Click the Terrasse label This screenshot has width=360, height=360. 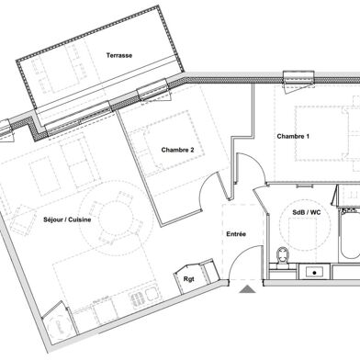click(118, 56)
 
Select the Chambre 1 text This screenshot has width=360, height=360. click(294, 137)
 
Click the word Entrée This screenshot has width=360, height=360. click(236, 235)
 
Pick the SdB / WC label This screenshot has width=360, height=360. click(306, 213)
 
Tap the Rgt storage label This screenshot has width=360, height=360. click(189, 279)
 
